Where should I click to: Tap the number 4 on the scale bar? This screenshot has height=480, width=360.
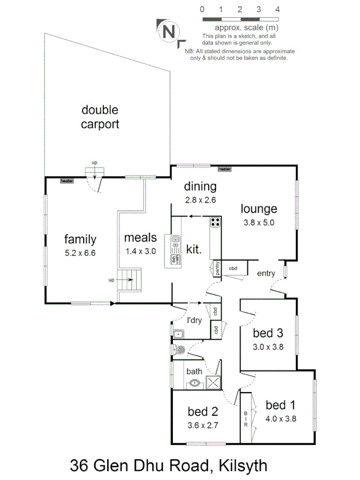[x=278, y=9]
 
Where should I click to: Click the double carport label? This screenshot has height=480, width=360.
[x=100, y=117]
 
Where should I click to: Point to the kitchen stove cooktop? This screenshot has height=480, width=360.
[x=215, y=222]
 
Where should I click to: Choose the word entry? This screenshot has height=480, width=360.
[x=266, y=274]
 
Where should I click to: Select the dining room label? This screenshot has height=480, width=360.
[x=201, y=187]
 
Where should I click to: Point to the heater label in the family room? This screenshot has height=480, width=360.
[x=67, y=181]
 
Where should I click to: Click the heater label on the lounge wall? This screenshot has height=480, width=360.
[x=225, y=169]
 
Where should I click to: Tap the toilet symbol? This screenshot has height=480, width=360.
[x=179, y=350]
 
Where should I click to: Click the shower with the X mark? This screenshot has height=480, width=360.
[x=213, y=382]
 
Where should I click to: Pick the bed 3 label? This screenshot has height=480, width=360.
[x=268, y=334]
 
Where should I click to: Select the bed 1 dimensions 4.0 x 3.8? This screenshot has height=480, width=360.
[x=281, y=419]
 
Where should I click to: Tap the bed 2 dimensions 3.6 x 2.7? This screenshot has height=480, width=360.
[x=203, y=426]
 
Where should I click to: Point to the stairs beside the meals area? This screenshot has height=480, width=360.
[x=131, y=279]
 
